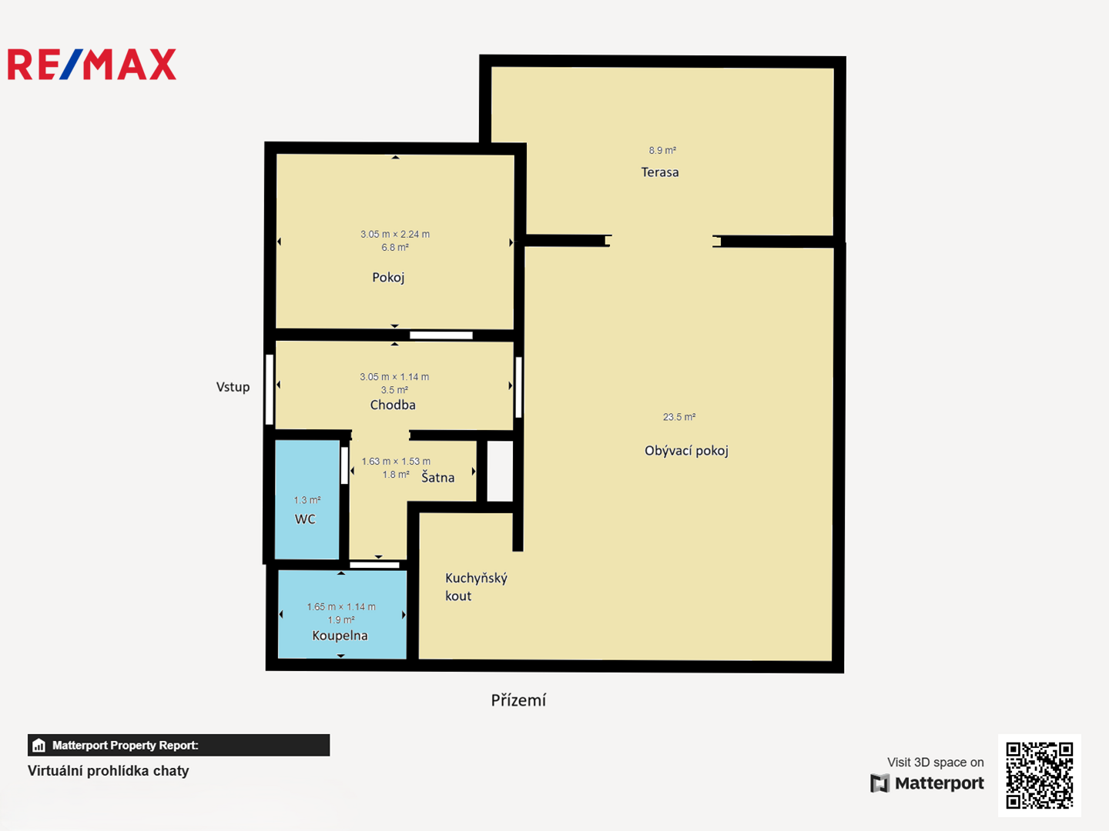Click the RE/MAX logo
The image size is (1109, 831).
pyautogui.click(x=92, y=64)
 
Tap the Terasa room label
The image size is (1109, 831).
pyautogui.click(x=660, y=172)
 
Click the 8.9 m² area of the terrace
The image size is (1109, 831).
pyautogui.click(x=662, y=150)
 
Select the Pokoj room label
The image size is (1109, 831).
pyautogui.click(x=388, y=278)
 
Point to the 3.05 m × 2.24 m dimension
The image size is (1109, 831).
pyautogui.click(x=395, y=234)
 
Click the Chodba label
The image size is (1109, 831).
pyautogui.click(x=393, y=405)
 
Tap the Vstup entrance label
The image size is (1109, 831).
pyautogui.click(x=233, y=387)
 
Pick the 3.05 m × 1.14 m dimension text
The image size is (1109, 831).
pyautogui.click(x=394, y=377)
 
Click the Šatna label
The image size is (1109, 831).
pyautogui.click(x=437, y=477)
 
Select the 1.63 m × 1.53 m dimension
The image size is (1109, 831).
pyautogui.click(x=396, y=461)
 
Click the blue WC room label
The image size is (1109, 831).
pyautogui.click(x=305, y=519)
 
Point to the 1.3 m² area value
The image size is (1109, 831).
pyautogui.click(x=307, y=500)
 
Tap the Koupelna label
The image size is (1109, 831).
pyautogui.click(x=340, y=636)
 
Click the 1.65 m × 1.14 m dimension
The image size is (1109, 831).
pyautogui.click(x=341, y=606)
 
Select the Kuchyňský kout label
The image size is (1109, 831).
pyautogui.click(x=476, y=587)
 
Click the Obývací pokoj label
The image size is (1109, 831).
pyautogui.click(x=686, y=451)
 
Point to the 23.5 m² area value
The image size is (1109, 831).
pyautogui.click(x=679, y=417)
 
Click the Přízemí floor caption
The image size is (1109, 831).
pyautogui.click(x=518, y=700)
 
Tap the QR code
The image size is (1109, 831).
pyautogui.click(x=1039, y=775)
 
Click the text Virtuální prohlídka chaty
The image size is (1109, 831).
pyautogui.click(x=108, y=771)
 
